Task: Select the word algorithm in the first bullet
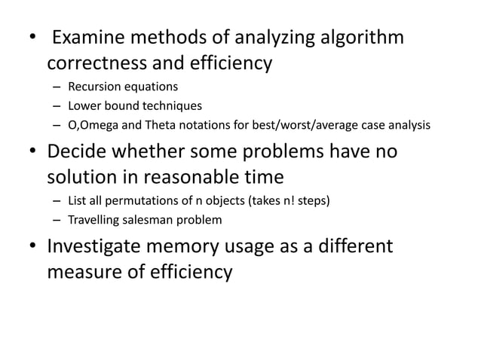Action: point(360,38)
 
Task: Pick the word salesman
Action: point(151,221)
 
